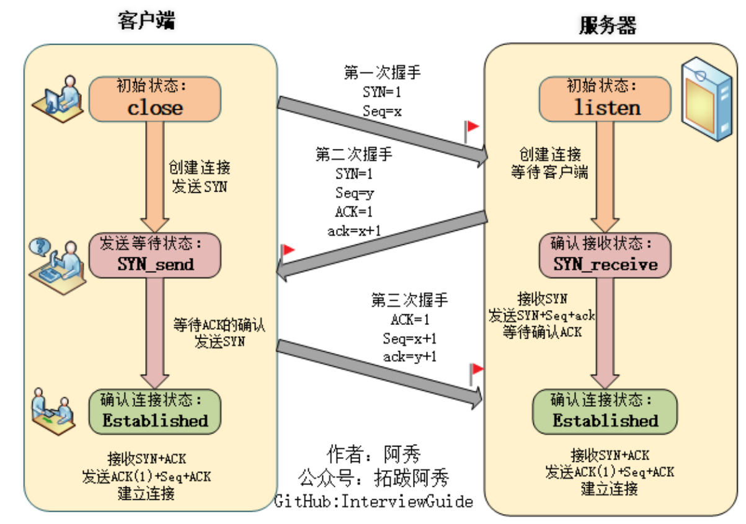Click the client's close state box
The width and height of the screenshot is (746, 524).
(x=155, y=99)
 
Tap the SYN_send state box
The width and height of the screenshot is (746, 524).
(x=155, y=255)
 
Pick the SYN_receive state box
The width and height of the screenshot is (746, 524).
(x=605, y=255)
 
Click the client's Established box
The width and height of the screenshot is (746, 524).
(x=155, y=411)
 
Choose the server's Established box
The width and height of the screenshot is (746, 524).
(x=605, y=412)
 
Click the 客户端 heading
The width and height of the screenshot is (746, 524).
(x=147, y=22)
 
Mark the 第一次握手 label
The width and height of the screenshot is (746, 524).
(x=382, y=73)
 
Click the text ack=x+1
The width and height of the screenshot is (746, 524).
(x=354, y=231)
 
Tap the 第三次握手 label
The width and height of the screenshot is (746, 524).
(x=409, y=301)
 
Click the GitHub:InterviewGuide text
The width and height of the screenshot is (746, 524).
(x=374, y=501)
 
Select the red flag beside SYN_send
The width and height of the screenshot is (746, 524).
(x=288, y=251)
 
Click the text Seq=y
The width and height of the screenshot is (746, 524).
(x=355, y=192)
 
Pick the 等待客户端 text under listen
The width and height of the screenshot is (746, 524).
(x=549, y=172)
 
